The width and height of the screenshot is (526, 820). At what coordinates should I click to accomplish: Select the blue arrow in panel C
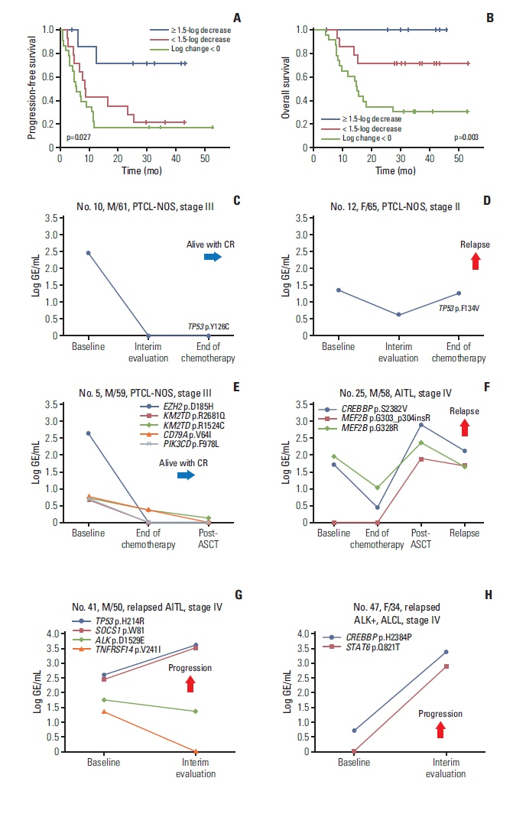(x=212, y=257)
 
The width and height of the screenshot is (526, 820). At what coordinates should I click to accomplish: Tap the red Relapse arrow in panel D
(x=475, y=261)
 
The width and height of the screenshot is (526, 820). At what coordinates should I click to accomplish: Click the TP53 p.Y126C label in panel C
(x=209, y=326)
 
